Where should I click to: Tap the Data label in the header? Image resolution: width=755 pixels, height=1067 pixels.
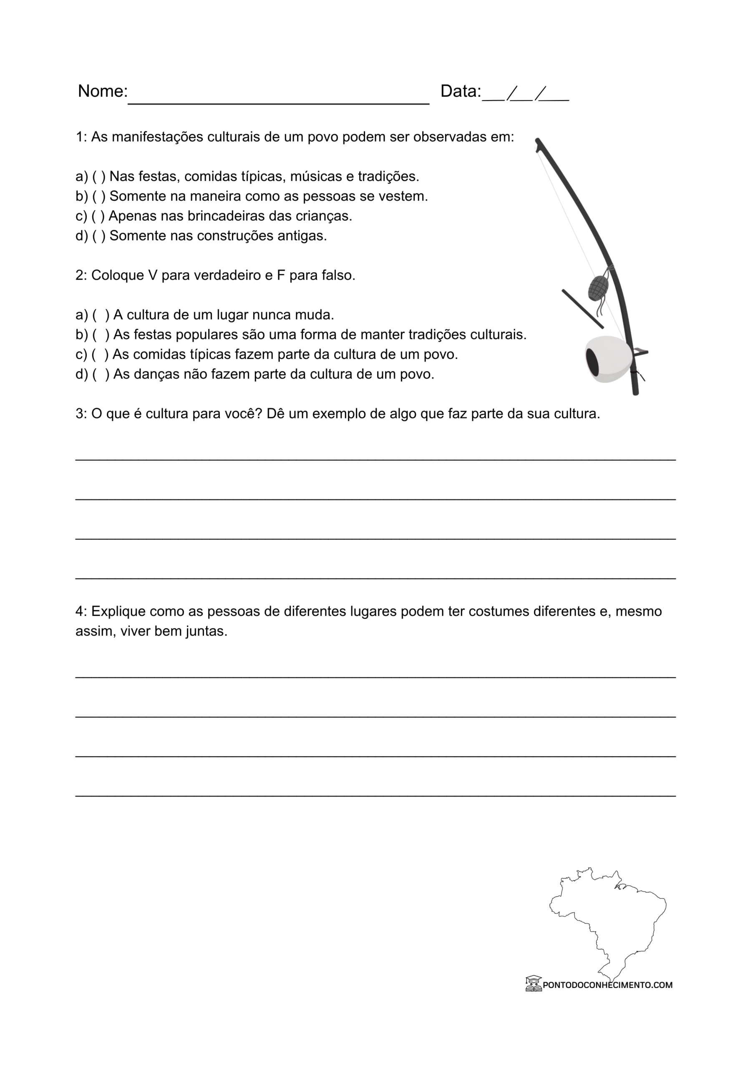tap(460, 91)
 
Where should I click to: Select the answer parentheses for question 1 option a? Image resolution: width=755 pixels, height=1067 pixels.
tap(98, 177)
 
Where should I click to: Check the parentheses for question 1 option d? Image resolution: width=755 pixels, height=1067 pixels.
tap(98, 236)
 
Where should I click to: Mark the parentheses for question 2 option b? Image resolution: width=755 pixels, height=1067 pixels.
tap(101, 335)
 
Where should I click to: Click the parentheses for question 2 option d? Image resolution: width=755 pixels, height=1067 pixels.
tap(101, 374)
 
